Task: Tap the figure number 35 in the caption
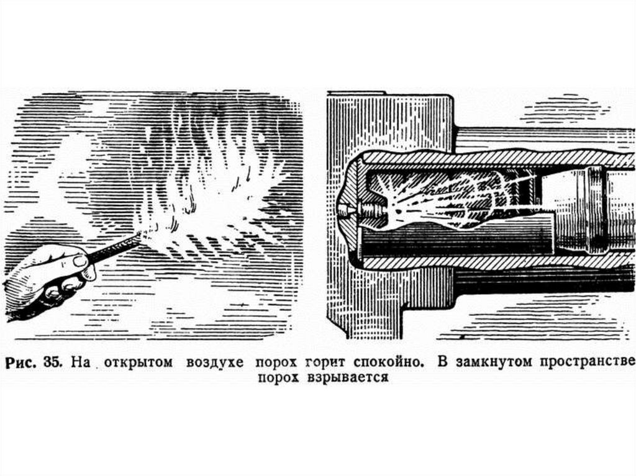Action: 51,362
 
